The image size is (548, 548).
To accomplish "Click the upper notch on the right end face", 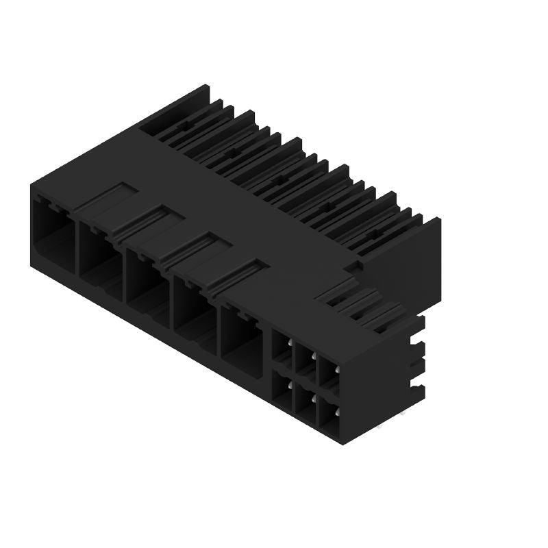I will pos(416,341).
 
